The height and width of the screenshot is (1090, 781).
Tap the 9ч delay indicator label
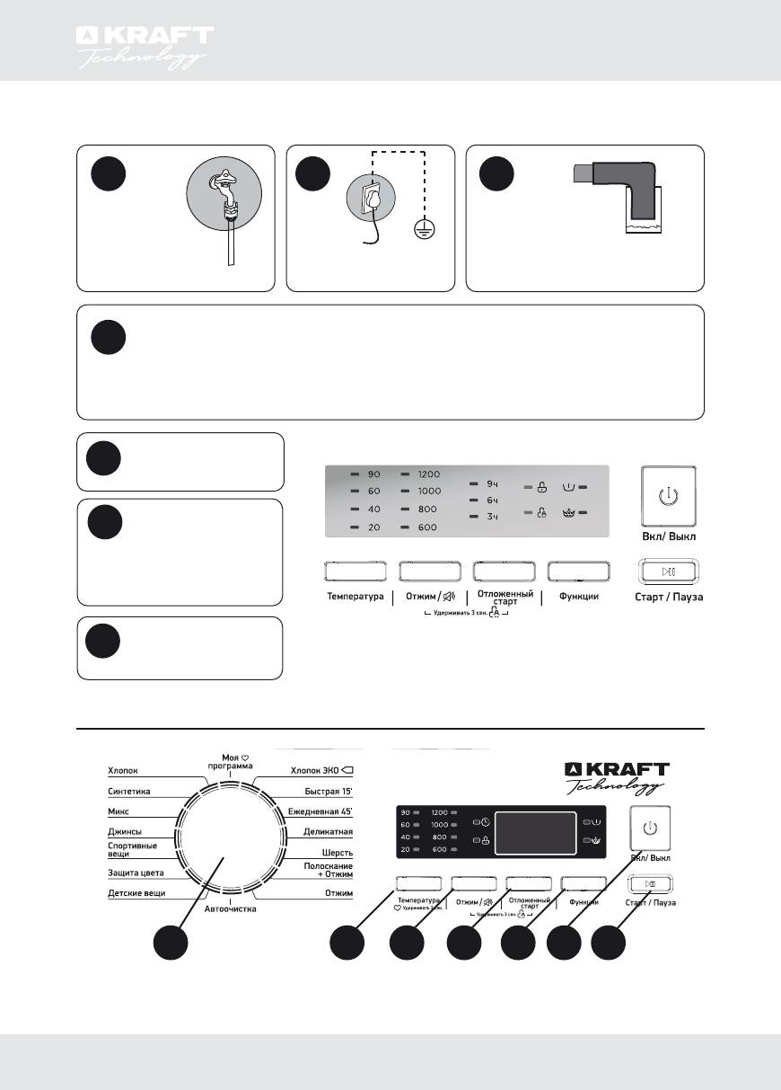click(x=492, y=483)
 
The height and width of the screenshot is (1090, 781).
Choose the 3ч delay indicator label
click(x=492, y=516)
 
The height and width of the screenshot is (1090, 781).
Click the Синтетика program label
click(x=129, y=792)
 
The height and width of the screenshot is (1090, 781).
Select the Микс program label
click(x=120, y=812)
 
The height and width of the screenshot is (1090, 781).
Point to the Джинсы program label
click(x=125, y=832)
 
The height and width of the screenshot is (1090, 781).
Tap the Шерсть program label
click(x=338, y=852)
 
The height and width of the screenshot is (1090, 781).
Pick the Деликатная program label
click(x=328, y=832)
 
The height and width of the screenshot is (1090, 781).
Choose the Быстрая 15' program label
click(x=328, y=792)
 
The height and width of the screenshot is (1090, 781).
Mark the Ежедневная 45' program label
click(x=320, y=812)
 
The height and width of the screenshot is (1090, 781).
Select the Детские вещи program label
click(x=136, y=893)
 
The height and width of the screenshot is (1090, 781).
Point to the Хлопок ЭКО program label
click(x=322, y=770)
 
